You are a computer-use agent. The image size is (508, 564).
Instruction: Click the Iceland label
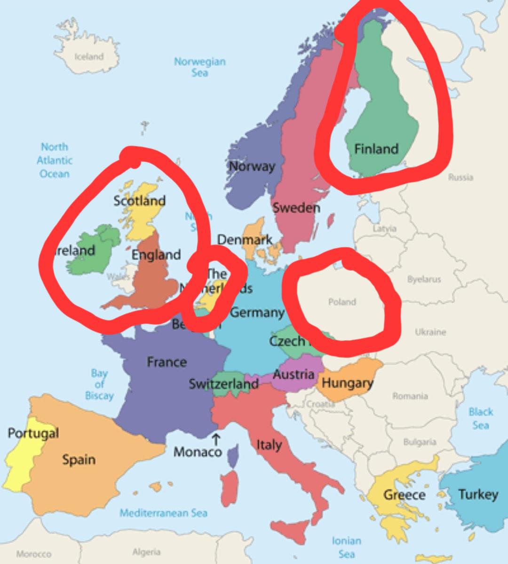click(x=89, y=56)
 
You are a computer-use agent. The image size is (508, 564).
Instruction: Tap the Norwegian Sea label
click(x=200, y=67)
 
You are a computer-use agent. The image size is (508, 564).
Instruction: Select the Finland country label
click(x=376, y=149)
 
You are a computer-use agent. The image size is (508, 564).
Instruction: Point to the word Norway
click(x=252, y=166)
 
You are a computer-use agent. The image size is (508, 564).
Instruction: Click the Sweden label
click(x=296, y=208)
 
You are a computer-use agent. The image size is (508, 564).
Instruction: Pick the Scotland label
click(x=140, y=201)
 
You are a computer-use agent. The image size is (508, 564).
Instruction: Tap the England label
click(x=156, y=255)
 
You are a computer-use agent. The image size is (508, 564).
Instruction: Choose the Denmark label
click(x=245, y=240)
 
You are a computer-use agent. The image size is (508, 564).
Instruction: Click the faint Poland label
click(x=342, y=302)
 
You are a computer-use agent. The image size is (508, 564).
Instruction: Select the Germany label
click(x=257, y=313)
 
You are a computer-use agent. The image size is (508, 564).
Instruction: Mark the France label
click(x=167, y=362)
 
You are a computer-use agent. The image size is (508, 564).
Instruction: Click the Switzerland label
click(x=224, y=384)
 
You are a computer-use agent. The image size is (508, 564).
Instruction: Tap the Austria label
click(x=294, y=375)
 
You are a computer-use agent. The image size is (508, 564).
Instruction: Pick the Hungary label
click(x=347, y=383)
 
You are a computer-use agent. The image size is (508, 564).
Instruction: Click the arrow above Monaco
click(x=216, y=439)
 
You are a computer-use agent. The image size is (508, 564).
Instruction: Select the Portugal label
click(x=33, y=433)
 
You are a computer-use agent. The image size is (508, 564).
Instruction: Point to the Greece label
click(x=405, y=494)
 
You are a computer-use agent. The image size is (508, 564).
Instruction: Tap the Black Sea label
click(x=481, y=418)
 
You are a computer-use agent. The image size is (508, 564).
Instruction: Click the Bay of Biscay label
click(x=99, y=384)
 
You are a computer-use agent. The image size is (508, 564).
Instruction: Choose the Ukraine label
click(x=430, y=332)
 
